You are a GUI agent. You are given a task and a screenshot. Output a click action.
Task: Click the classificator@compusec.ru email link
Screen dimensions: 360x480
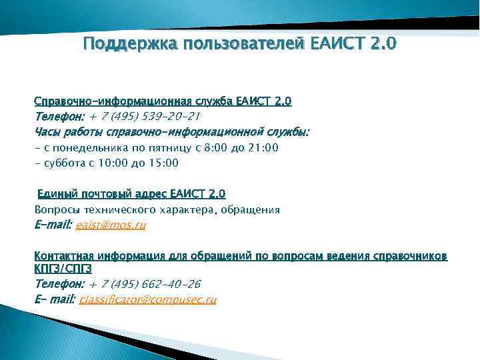147,300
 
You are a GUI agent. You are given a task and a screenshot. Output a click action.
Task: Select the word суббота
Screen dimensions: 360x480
63,163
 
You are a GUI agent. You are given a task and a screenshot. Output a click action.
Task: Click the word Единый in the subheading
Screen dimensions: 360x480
56,194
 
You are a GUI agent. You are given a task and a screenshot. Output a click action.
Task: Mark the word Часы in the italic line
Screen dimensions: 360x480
47,132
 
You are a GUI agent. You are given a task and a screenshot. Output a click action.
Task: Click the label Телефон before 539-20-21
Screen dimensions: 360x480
57,117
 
